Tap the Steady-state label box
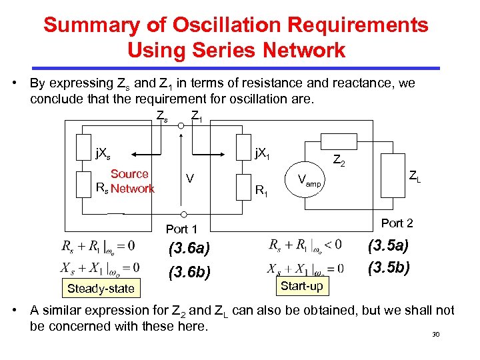100,289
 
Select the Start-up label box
302,285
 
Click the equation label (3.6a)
189,249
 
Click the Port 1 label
182,229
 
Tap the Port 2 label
397,223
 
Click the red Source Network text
131,181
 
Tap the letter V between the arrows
190,179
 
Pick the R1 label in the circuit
262,191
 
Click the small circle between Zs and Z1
181,124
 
